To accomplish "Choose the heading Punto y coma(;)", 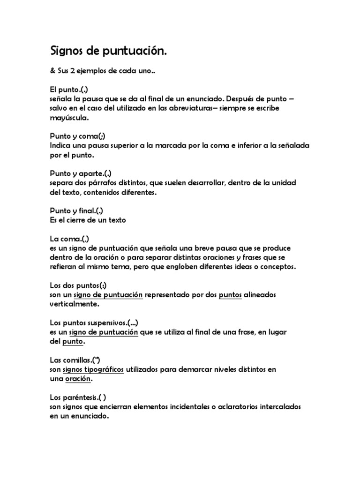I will pos(77,136).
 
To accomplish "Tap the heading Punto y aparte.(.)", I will pos(81,173).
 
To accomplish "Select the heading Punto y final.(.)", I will pos(76,210).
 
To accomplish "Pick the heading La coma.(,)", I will pos(69,239).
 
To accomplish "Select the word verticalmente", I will pos(75,303).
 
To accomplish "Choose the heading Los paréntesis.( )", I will pos(81,397).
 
